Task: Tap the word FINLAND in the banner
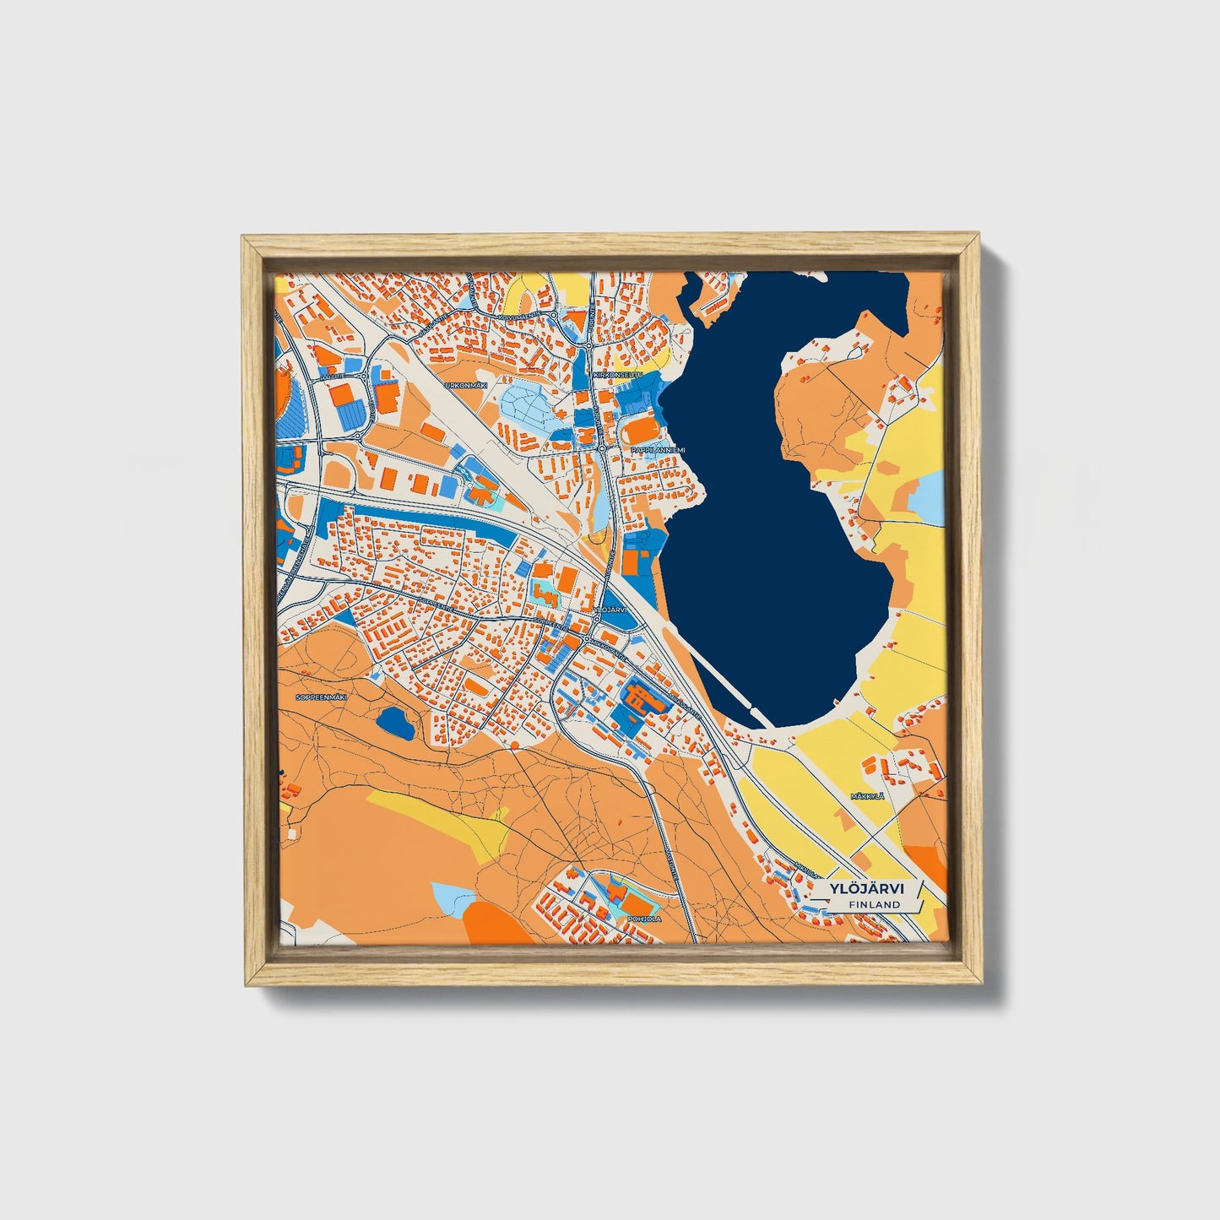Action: coord(875,904)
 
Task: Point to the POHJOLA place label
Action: coord(646,918)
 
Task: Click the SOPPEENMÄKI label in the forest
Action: coord(322,697)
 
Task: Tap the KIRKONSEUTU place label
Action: coord(619,374)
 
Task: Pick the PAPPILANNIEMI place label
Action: coord(661,450)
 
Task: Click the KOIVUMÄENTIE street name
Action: coord(520,317)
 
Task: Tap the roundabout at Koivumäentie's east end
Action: coord(553,316)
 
